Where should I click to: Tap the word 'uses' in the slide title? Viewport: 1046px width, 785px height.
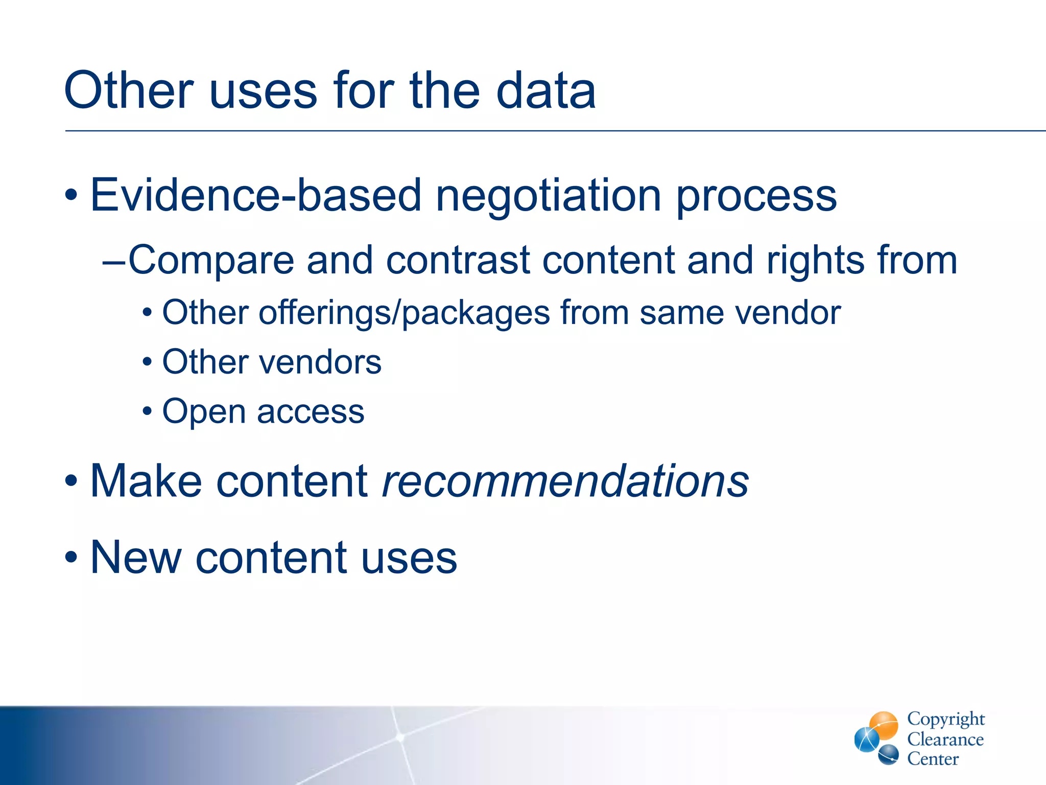[264, 90]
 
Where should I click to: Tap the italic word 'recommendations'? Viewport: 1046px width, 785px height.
[565, 481]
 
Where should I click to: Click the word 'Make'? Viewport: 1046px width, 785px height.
[146, 481]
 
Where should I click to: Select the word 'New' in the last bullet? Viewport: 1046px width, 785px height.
[136, 558]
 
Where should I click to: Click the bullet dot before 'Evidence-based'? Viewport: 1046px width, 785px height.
[72, 195]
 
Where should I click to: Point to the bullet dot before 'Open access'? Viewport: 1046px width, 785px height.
[147, 411]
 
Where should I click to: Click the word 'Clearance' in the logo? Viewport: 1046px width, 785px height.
[945, 740]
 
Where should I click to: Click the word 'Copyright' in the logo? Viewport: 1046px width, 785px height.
[945, 719]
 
